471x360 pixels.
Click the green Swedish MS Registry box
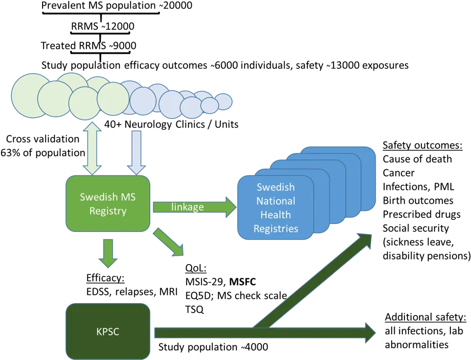pyautogui.click(x=108, y=204)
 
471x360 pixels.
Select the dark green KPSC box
pyautogui.click(x=108, y=331)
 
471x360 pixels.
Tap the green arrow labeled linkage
pyautogui.click(x=195, y=207)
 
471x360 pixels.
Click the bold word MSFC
pyautogui.click(x=243, y=282)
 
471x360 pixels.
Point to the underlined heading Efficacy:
pyautogui.click(x=106, y=278)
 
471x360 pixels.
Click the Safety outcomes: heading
pyautogui.click(x=422, y=146)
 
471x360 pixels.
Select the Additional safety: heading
pyautogui.click(x=425, y=317)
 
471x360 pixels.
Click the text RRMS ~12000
pyautogui.click(x=103, y=26)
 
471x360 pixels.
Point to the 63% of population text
pyautogui.click(x=43, y=153)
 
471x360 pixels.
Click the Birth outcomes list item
pyautogui.click(x=418, y=201)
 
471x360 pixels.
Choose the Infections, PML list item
pyautogui.click(x=418, y=187)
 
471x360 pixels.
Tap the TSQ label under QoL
pyautogui.click(x=195, y=309)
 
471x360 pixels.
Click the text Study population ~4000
pyautogui.click(x=213, y=347)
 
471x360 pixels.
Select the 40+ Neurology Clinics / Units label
pyautogui.click(x=171, y=125)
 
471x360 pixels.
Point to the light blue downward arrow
pyautogui.click(x=136, y=153)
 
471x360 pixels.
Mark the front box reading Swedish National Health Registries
pyautogui.click(x=276, y=208)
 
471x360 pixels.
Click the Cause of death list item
pyautogui.click(x=417, y=159)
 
